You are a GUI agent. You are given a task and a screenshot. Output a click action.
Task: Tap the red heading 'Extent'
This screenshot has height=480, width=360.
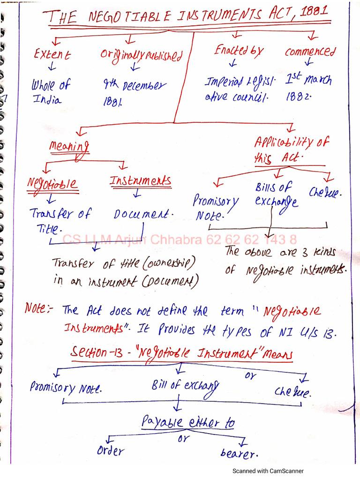pos(52,54)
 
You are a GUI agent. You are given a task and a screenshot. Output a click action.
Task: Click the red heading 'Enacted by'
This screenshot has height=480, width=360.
pos(239,51)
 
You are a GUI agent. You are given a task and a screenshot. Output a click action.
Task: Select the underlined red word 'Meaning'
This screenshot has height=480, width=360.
pos(69,146)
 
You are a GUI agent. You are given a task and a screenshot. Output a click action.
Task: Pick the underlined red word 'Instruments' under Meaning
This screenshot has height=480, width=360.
pos(140,180)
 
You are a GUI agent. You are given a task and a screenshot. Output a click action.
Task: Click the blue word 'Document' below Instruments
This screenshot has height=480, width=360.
pos(143,214)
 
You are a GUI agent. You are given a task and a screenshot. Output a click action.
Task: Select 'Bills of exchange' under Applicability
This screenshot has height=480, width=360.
pos(277,195)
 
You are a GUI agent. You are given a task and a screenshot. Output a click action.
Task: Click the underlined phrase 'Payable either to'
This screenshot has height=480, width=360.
pos(187,422)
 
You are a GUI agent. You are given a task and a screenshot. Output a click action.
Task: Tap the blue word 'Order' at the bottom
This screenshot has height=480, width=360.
pos(111,451)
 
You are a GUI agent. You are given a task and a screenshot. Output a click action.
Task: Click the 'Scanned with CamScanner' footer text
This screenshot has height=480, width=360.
pos(268,471)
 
